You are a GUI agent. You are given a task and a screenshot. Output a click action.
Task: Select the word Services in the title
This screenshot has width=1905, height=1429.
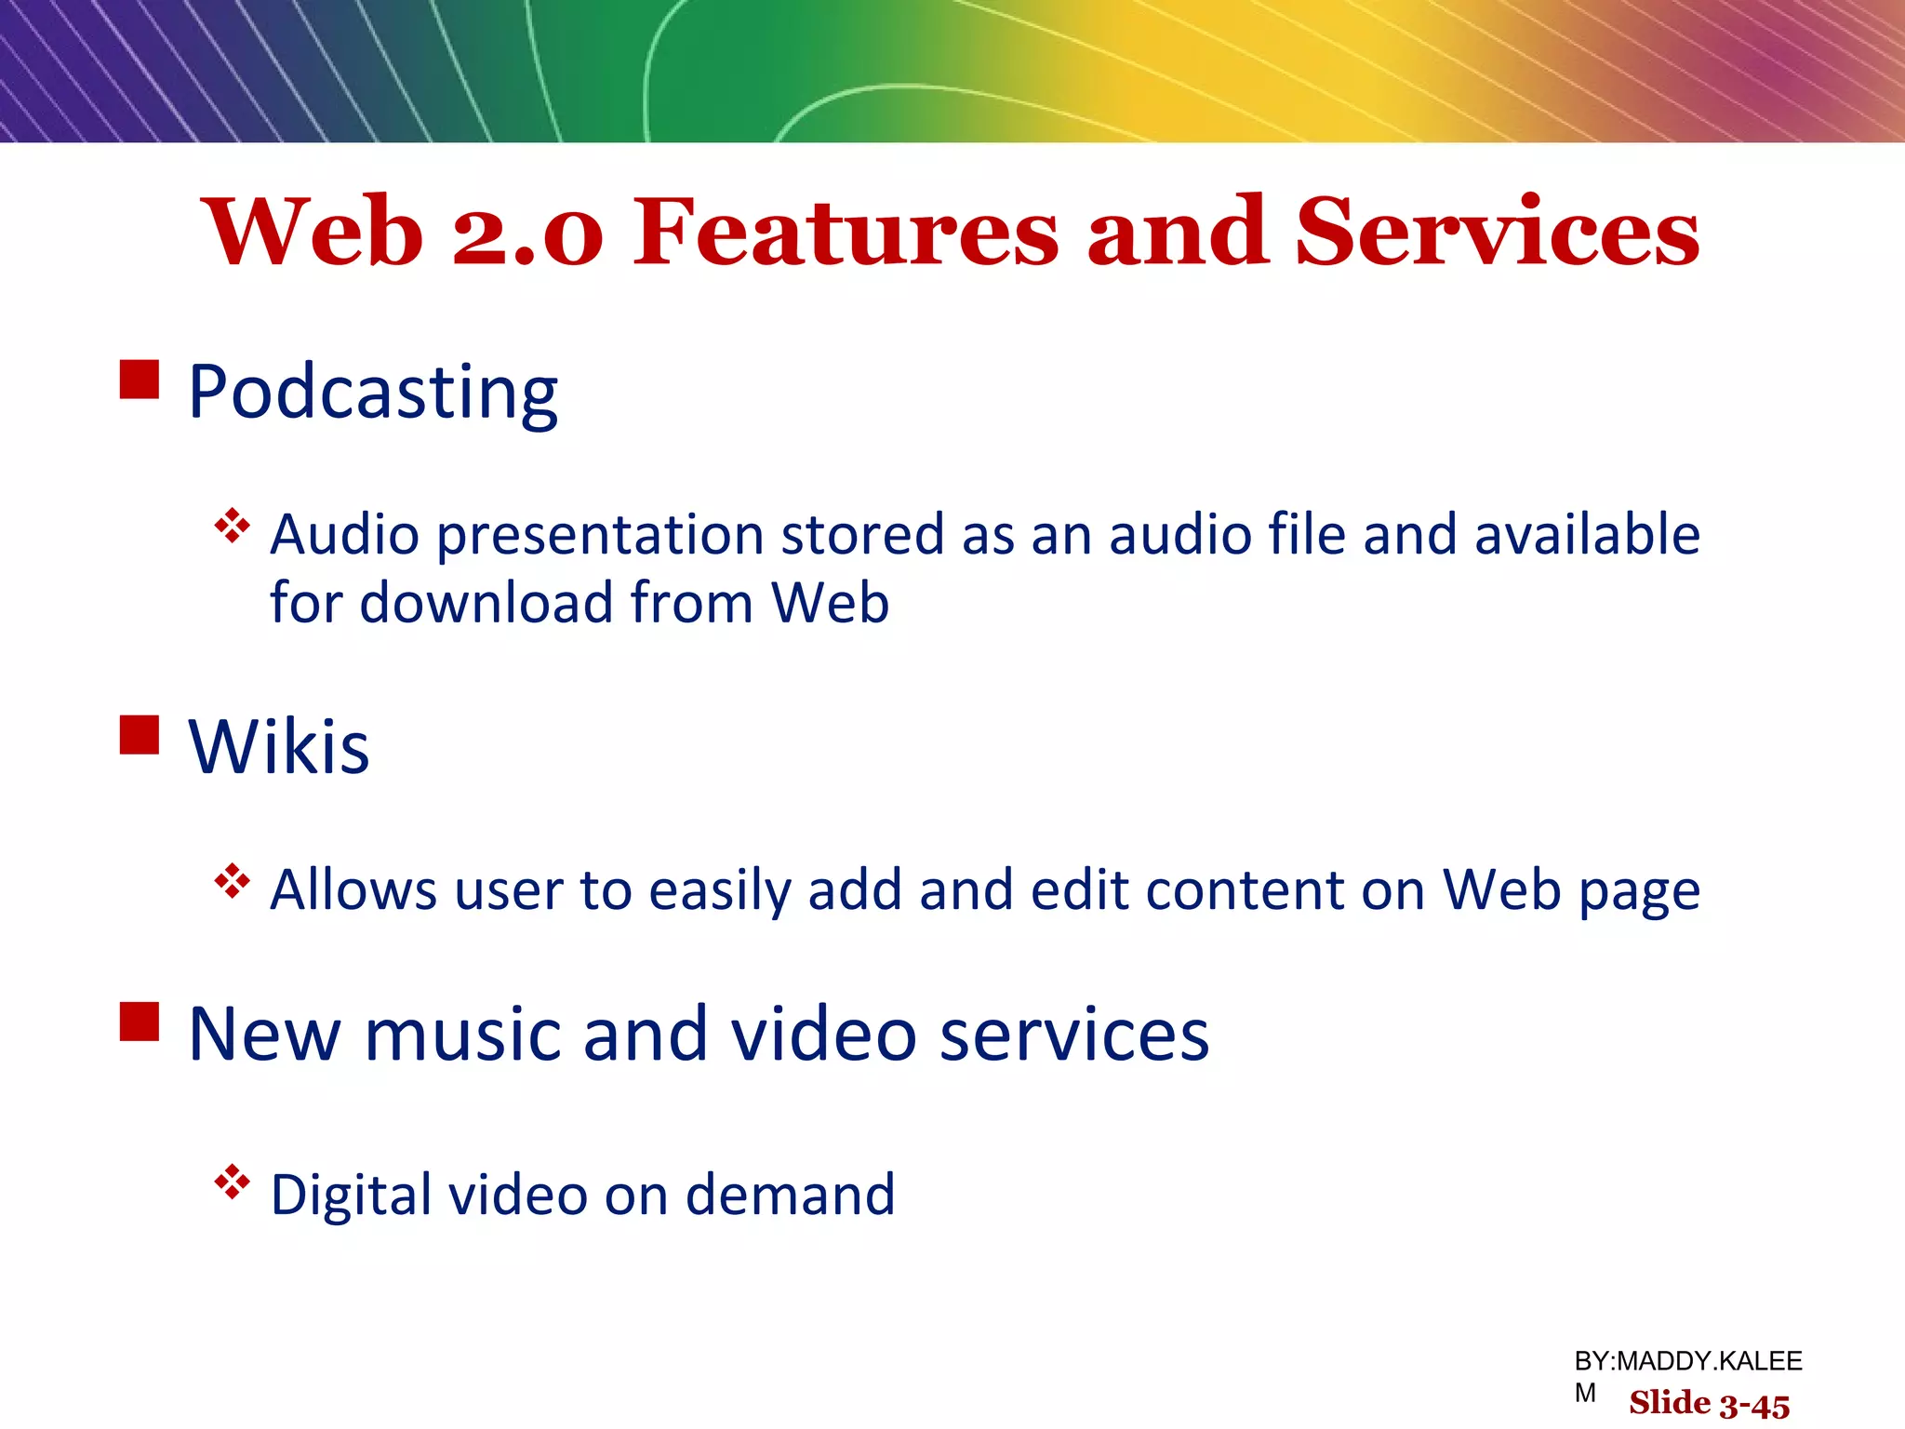point(1497,233)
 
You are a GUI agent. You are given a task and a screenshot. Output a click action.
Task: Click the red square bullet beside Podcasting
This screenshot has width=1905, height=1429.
point(140,380)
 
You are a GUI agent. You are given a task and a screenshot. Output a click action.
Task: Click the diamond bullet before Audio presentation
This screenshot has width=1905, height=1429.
point(233,527)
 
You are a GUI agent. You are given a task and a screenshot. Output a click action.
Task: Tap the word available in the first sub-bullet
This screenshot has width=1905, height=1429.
point(1587,536)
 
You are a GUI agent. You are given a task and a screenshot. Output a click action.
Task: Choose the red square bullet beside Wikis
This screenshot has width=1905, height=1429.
point(140,734)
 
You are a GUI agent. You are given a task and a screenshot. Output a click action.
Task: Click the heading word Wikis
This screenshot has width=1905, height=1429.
point(278,747)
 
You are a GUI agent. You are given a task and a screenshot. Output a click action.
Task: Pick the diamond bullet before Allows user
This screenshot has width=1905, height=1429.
point(233,881)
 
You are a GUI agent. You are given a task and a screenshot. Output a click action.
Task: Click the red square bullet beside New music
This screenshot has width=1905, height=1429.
point(140,1021)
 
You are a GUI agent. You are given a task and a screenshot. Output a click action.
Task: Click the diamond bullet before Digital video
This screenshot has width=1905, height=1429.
point(233,1183)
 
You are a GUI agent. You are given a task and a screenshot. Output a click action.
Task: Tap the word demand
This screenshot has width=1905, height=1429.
point(790,1195)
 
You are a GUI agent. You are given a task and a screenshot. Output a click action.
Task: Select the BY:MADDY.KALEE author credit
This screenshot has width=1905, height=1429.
point(1687,1362)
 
